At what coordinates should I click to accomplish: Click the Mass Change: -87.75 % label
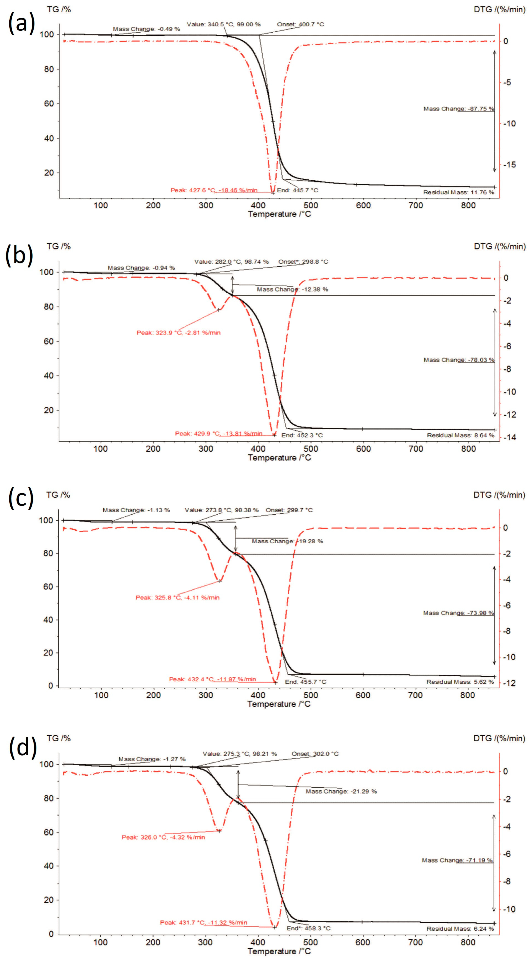[x=459, y=109]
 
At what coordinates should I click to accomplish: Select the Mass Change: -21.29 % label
[x=341, y=791]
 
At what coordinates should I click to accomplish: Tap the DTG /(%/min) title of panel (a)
[x=499, y=10]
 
